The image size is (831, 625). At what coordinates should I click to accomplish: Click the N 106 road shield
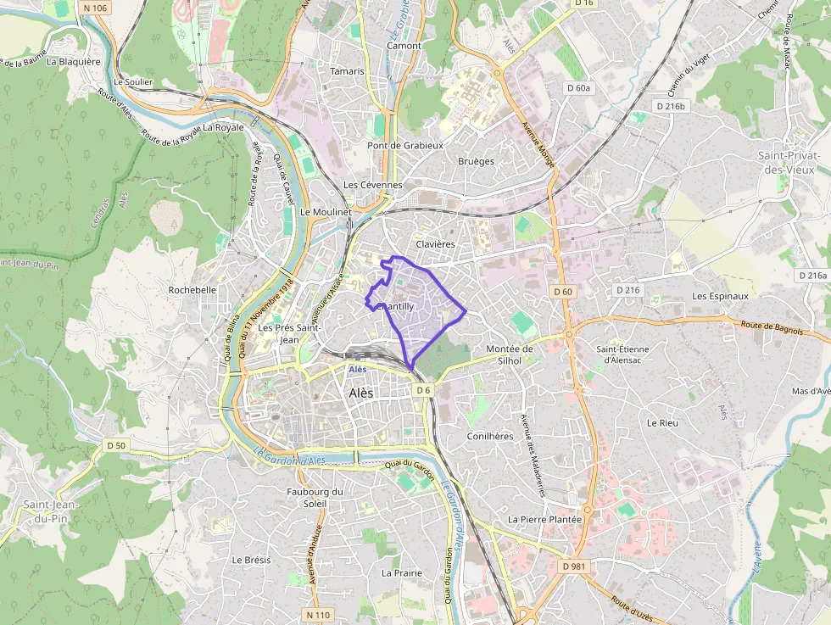coord(96,8)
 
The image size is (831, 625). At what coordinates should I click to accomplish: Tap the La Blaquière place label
coord(74,61)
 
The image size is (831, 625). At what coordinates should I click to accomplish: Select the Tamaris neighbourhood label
coord(348,71)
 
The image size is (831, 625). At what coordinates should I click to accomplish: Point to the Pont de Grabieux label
coord(405,145)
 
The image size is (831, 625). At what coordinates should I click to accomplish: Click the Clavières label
coord(436,244)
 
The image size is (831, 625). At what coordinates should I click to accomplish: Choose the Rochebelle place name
coord(192,289)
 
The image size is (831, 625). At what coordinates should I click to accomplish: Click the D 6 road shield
coord(424,390)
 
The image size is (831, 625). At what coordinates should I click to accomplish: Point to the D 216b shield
coord(670,106)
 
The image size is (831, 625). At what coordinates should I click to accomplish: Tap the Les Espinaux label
coord(720,296)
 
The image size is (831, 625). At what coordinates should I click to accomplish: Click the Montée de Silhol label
coord(510,354)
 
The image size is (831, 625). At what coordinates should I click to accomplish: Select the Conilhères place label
coord(490,436)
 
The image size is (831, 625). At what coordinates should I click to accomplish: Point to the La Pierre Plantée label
coord(544,519)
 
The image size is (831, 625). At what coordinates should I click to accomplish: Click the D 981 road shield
coord(574,566)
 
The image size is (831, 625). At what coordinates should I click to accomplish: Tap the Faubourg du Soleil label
coord(315,497)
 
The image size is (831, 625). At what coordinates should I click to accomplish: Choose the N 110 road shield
coord(318,614)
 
